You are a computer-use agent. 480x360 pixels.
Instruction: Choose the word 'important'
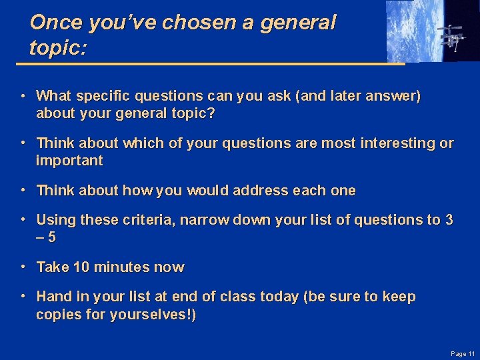tap(69, 161)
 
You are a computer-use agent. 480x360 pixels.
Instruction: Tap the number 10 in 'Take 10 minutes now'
tap(81, 267)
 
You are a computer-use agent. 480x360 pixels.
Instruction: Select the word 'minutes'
tap(121, 267)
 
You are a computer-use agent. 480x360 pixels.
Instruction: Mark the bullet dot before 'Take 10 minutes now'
tap(23, 266)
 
